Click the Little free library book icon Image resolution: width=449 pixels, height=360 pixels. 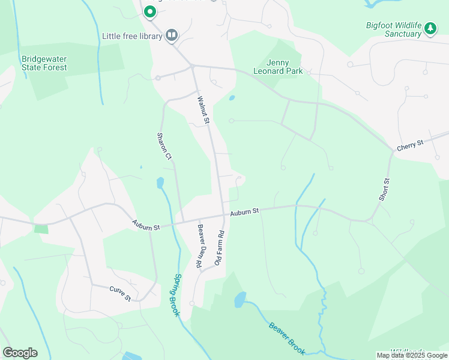click(172, 36)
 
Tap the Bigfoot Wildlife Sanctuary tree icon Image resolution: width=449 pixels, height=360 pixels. click(430, 28)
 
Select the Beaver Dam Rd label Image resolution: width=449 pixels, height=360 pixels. click(199, 246)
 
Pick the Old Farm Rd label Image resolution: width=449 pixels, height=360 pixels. click(220, 248)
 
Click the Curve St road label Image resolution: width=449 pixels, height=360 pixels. click(120, 290)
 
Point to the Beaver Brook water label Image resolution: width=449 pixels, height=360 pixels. click(288, 338)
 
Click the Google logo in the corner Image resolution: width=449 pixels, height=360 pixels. click(20, 353)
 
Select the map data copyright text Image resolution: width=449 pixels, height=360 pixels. click(412, 356)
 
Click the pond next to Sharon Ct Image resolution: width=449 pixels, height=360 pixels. click(160, 183)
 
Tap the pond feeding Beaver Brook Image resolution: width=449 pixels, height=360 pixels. click(240, 299)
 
